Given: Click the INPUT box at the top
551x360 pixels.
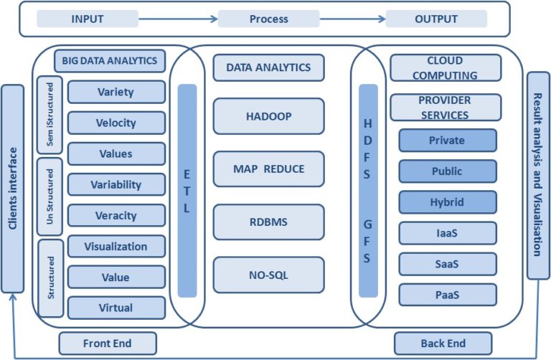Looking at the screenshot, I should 88,19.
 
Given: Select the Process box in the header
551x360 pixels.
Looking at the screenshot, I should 268,19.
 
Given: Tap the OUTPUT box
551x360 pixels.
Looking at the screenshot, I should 435,19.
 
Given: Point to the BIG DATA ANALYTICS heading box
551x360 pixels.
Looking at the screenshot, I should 110,61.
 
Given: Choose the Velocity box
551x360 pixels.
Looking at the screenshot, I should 116,123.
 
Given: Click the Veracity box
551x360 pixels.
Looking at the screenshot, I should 116,215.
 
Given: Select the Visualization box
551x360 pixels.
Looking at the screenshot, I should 116,246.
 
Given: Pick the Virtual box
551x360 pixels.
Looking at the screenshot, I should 116,308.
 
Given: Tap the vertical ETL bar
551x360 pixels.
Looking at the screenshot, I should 187,191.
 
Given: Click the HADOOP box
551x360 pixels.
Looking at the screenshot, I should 268,116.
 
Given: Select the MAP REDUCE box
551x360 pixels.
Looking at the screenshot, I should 268,169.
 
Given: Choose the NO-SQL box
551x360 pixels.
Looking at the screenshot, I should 268,275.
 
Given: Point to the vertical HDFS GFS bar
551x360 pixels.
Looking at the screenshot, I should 367,191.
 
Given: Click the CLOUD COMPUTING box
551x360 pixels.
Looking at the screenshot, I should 445,68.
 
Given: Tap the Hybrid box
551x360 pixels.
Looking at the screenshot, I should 447,202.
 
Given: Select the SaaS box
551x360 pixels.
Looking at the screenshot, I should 447,264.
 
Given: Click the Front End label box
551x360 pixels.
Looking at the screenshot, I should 108,344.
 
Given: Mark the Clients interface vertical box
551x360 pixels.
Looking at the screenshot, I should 12,189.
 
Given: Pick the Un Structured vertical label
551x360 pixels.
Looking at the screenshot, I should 49,196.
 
